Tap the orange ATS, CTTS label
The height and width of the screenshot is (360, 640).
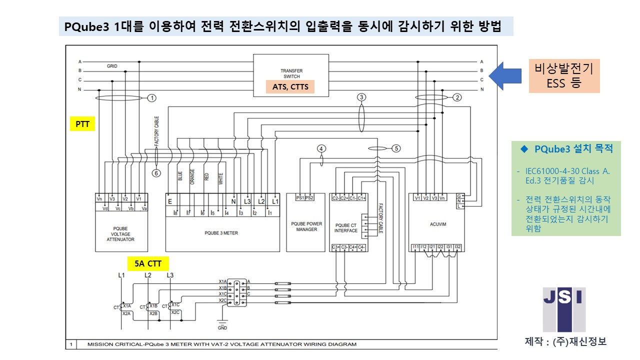point(290,87)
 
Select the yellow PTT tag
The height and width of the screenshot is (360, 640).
point(82,124)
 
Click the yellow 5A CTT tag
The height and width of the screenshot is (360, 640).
point(147,263)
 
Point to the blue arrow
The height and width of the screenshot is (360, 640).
point(505,75)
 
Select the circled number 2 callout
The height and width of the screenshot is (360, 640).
point(456,97)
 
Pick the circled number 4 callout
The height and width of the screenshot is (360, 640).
point(321,148)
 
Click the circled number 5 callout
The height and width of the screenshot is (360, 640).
point(396,148)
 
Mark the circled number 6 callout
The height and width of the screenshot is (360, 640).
point(156,173)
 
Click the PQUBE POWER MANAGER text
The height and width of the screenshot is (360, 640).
point(306,226)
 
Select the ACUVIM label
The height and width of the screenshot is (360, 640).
point(437,225)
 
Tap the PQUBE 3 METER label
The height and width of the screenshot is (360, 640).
point(221,232)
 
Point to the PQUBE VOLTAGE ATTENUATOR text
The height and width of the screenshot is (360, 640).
point(120,234)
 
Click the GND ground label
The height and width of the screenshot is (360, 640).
point(222,328)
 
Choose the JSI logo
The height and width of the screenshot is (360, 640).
point(564,309)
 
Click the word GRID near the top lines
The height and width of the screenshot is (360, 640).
point(112,66)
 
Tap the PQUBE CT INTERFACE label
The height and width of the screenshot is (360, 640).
point(346,228)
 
